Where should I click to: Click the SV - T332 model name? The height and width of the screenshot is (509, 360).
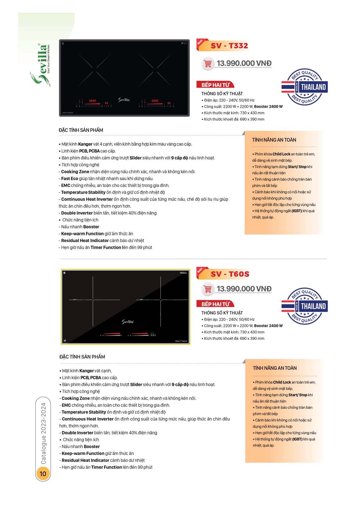click(229, 46)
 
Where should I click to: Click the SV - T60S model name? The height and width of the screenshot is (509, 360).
click(230, 274)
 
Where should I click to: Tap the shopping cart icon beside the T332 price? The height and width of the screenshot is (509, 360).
click(208, 64)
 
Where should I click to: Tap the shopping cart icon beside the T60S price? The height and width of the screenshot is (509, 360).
click(208, 289)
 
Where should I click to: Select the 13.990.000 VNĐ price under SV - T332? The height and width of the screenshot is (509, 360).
click(244, 63)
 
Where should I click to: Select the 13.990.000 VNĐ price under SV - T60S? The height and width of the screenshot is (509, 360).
click(244, 289)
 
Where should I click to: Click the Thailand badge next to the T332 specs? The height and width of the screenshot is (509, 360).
click(305, 87)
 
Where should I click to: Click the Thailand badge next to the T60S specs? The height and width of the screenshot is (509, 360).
click(305, 306)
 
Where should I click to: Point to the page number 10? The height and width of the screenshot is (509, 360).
click(43, 473)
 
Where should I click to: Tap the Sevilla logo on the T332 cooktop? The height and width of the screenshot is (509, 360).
click(124, 99)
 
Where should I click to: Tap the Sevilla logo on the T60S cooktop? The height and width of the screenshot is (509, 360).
click(127, 321)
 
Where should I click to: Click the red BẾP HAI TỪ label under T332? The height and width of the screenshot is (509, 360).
click(215, 85)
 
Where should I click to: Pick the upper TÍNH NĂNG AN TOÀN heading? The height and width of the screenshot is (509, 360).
click(274, 140)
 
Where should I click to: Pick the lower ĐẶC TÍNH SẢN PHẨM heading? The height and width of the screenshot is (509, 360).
click(82, 357)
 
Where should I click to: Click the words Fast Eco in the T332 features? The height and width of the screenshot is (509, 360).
click(69, 178)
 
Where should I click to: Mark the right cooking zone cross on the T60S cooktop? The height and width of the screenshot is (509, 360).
click(160, 300)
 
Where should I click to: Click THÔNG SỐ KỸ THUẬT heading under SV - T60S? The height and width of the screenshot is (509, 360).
click(222, 313)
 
